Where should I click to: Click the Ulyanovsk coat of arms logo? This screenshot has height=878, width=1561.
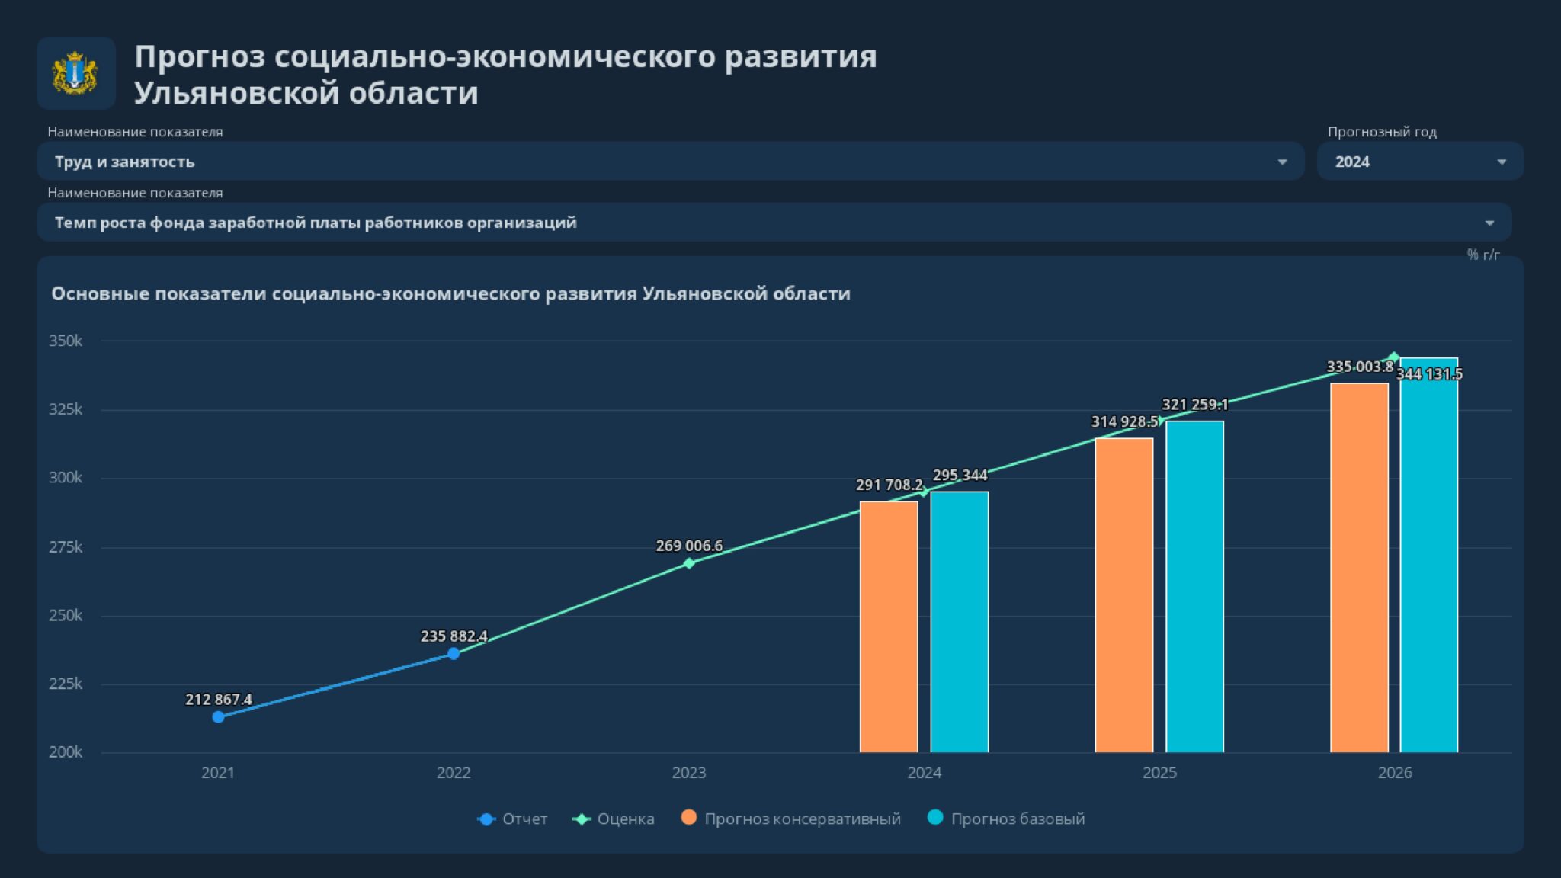click(75, 73)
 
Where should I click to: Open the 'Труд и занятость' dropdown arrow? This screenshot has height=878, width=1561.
click(1282, 162)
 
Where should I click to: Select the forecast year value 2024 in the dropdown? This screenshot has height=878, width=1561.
click(1352, 162)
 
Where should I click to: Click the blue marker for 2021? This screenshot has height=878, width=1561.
click(218, 717)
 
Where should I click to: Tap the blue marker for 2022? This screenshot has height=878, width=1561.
click(454, 654)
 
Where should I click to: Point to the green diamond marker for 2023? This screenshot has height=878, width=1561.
click(689, 563)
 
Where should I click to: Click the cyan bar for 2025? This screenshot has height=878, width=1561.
click(1194, 587)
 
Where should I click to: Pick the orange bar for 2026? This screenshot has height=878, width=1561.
click(1359, 568)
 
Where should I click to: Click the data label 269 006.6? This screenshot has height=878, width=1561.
click(689, 546)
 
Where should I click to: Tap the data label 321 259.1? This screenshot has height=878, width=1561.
click(1194, 405)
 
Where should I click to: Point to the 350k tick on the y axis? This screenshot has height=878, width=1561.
click(66, 341)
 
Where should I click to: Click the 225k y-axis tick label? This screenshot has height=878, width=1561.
click(66, 684)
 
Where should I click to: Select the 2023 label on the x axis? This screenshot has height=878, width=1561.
click(689, 773)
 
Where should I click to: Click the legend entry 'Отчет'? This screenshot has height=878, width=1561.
click(524, 819)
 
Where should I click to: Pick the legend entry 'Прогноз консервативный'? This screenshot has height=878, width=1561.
click(802, 819)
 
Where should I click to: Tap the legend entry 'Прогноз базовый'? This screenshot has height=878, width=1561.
click(1018, 819)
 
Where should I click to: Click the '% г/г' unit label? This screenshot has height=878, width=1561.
click(1483, 255)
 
